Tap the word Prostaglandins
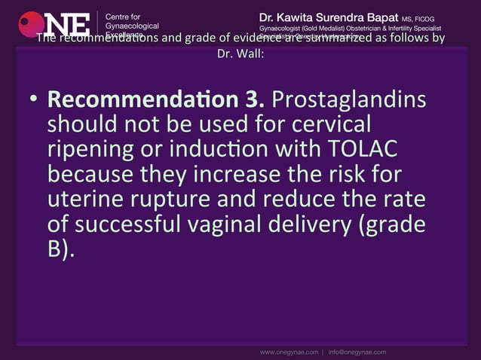[348, 100]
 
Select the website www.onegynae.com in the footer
[289, 352]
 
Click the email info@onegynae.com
[357, 352]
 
